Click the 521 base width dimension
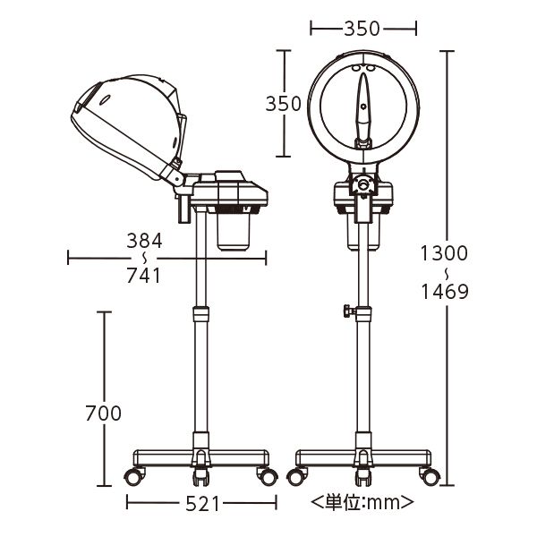pos(202,504)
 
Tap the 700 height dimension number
pos(104,413)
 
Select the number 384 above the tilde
pos(144,241)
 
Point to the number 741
pos(144,276)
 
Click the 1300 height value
pos(444,253)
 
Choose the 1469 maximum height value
pos(445,292)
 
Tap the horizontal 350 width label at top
pos(362,29)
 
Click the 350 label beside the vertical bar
pos(283,104)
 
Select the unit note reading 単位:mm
pos(362,502)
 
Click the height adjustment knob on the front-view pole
pos(349,311)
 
